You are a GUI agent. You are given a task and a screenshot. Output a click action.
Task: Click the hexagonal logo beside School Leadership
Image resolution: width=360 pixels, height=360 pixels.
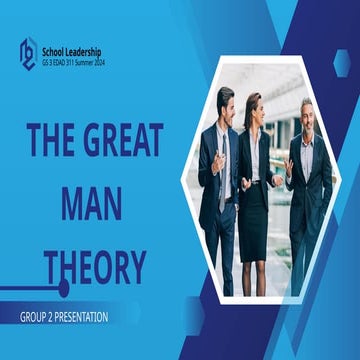pyautogui.click(x=28, y=50)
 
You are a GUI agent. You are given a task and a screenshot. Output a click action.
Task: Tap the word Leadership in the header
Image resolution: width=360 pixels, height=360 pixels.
pyautogui.click(x=87, y=50)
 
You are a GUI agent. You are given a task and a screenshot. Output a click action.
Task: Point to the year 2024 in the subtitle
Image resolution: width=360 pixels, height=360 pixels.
pyautogui.click(x=97, y=62)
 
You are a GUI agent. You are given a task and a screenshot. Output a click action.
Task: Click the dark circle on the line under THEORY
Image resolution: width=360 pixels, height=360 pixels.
pyautogui.click(x=64, y=288)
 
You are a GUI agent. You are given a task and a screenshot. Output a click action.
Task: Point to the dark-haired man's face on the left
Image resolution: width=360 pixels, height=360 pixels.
pyautogui.click(x=226, y=104)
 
